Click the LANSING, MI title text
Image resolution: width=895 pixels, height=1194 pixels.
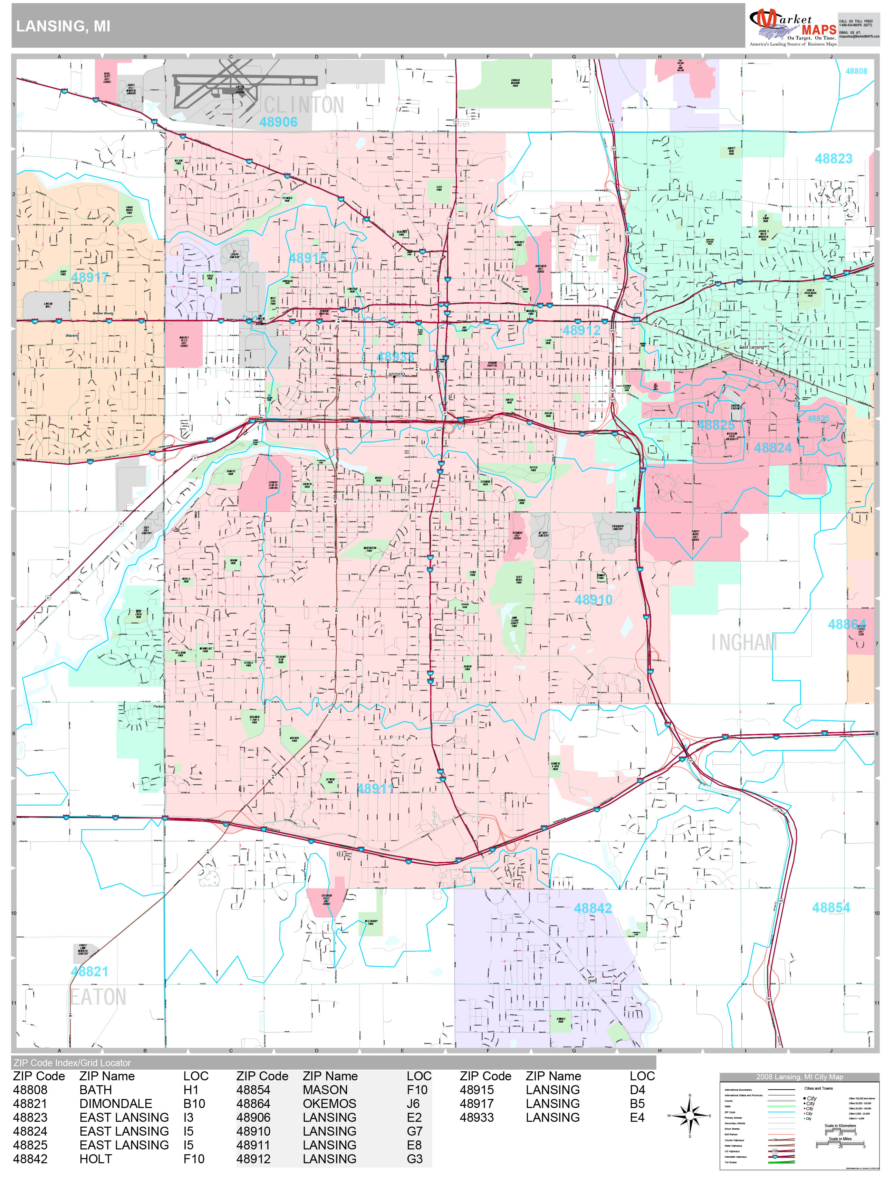(x=63, y=27)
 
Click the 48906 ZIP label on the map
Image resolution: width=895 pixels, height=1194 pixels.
(x=278, y=122)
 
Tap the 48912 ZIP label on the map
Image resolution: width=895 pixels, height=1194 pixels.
(x=581, y=330)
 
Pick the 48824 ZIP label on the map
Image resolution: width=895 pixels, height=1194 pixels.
(x=772, y=448)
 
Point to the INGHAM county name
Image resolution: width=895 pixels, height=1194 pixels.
(x=744, y=642)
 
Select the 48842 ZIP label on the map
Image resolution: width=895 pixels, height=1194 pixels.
(x=593, y=908)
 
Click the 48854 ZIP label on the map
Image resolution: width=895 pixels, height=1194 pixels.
(x=831, y=908)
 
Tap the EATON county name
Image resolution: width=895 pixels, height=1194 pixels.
(x=98, y=997)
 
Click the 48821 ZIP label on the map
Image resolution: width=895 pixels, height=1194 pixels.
(x=89, y=972)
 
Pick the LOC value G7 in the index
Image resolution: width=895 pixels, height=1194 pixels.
(x=414, y=1131)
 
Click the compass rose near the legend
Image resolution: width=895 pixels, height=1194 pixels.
(x=690, y=1115)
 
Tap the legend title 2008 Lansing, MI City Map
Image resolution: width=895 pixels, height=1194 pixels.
(x=799, y=1077)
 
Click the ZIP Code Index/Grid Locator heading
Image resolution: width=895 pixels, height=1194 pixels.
(x=72, y=1063)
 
